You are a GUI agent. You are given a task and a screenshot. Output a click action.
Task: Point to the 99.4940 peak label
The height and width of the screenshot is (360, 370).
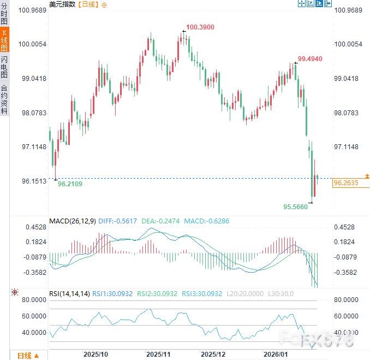click(x=311, y=58)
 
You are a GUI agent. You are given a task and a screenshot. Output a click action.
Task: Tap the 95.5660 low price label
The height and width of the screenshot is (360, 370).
click(x=295, y=207)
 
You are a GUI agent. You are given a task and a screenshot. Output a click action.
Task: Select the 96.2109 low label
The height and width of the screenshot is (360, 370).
click(x=70, y=184)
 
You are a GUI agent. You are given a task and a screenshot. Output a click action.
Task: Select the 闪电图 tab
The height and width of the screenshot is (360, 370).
click(x=4, y=67)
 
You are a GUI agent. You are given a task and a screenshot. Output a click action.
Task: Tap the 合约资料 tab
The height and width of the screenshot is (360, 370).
click(x=4, y=99)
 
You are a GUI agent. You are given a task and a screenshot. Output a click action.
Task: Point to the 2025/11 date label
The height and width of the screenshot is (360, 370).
click(x=158, y=354)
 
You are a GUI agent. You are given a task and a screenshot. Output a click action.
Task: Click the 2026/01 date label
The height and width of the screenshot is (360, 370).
click(x=276, y=354)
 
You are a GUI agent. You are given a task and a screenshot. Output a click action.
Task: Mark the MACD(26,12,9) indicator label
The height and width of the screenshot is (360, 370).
click(x=72, y=221)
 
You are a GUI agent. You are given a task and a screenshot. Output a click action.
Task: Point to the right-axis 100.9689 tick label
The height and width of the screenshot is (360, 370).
click(x=348, y=10)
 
